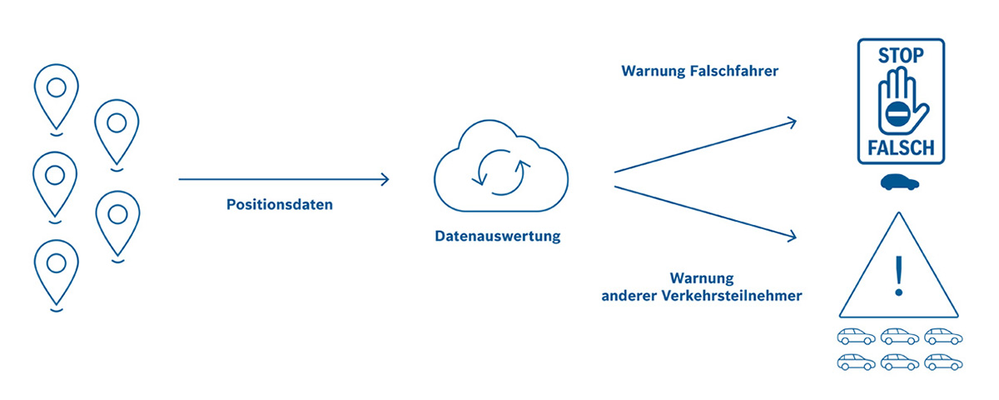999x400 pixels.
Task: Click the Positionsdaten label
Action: [279, 204]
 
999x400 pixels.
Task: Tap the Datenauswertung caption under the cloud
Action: [497, 236]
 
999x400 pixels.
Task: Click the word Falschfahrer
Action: [733, 72]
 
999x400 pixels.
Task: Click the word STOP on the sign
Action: [901, 57]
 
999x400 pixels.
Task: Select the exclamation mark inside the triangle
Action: [898, 276]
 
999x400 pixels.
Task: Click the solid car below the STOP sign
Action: [901, 183]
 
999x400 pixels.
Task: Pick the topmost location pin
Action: [56, 92]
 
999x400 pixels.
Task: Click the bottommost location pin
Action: [56, 271]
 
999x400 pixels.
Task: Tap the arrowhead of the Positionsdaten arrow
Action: [385, 178]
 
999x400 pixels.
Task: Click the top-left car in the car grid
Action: [855, 337]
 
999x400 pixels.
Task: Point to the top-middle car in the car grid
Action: [900, 337]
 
